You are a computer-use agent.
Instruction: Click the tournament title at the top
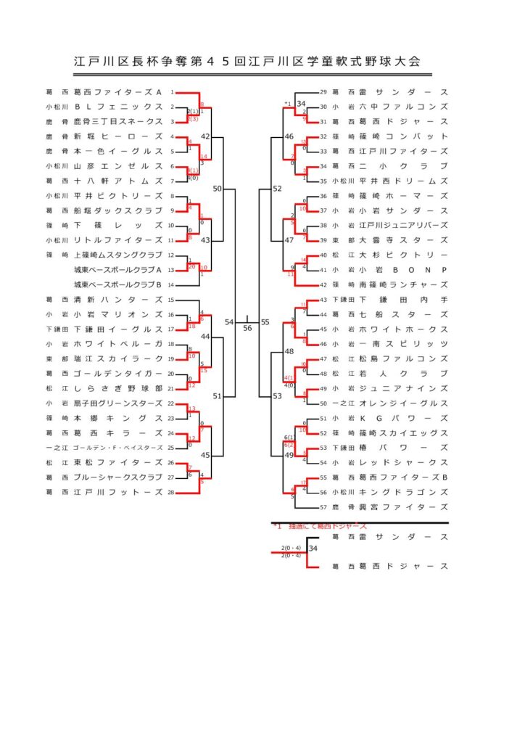247,62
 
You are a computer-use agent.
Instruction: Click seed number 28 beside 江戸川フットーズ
171,492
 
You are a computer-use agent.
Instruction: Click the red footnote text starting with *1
319,526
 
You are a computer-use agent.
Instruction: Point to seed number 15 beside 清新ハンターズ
171,300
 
